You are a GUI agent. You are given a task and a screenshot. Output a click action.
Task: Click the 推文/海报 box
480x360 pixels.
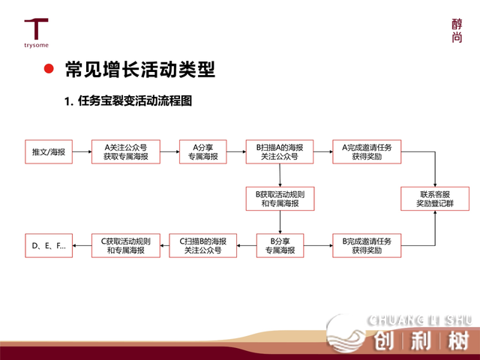(49, 151)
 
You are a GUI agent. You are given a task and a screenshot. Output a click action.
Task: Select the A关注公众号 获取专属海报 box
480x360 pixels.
(125, 151)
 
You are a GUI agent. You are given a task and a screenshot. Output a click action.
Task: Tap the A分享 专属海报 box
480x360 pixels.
(202, 151)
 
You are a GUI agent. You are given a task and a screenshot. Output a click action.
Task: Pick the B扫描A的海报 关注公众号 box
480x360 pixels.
(279, 151)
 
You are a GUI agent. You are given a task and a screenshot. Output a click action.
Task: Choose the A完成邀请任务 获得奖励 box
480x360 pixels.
(367, 151)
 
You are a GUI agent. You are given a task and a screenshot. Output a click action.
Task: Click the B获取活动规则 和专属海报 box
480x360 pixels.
(279, 199)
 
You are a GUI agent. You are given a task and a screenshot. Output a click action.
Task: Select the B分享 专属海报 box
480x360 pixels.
(279, 245)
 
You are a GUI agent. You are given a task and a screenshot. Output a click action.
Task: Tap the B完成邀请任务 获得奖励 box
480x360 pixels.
(367, 245)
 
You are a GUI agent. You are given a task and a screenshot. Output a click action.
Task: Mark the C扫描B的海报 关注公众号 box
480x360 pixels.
(202, 245)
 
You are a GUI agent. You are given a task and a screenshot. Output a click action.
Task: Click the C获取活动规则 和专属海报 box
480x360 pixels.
(125, 245)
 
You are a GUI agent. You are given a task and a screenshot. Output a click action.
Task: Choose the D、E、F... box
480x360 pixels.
(49, 245)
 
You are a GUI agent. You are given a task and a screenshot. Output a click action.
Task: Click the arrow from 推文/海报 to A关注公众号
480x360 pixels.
(82, 151)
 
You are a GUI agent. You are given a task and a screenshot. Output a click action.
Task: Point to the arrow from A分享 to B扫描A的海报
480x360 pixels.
(236, 151)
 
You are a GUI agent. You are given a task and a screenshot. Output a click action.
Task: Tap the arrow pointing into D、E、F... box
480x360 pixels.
(82, 245)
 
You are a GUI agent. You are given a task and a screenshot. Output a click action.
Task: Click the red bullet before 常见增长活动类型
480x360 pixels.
(49, 70)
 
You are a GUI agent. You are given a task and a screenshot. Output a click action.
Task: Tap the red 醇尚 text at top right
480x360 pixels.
(457, 31)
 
